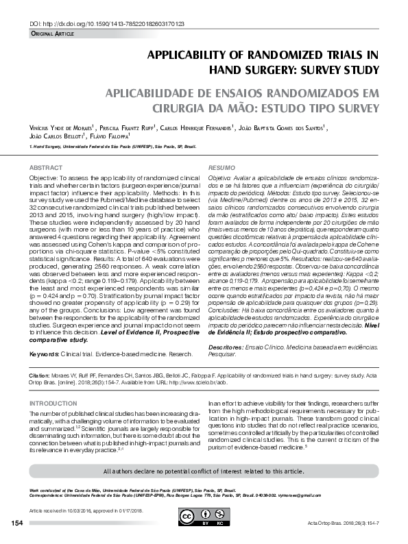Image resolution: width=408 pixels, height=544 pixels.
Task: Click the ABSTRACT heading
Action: coord(46,168)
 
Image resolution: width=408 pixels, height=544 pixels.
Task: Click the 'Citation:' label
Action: coord(40,377)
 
